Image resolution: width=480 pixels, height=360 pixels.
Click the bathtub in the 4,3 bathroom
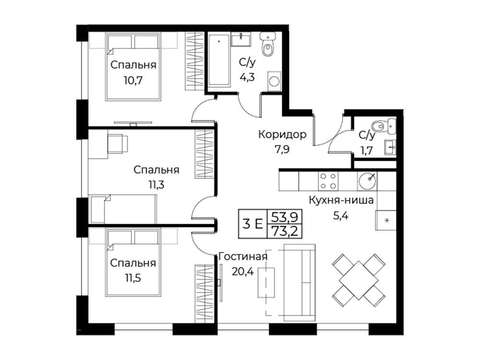click(219, 60)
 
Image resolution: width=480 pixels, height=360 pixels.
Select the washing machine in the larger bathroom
click(274, 81)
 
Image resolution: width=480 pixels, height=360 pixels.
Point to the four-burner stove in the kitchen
click(328, 181)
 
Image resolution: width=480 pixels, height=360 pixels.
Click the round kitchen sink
click(367, 181)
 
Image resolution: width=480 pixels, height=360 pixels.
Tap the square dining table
click(359, 280)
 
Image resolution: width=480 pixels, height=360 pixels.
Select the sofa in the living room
click(300, 282)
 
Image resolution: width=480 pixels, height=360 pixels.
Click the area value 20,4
click(243, 271)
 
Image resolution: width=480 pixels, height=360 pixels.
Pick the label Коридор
click(282, 134)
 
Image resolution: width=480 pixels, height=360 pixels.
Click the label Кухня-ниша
click(341, 200)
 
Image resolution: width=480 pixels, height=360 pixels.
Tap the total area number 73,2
click(284, 231)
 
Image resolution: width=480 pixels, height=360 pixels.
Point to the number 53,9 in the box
click(284, 217)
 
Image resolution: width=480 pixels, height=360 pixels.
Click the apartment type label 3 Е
click(252, 224)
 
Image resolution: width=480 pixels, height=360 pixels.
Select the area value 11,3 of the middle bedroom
click(156, 185)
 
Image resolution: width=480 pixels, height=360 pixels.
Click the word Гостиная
click(243, 256)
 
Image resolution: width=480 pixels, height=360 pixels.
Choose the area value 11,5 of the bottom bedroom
click(133, 278)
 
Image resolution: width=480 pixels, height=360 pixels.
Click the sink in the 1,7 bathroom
click(390, 148)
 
